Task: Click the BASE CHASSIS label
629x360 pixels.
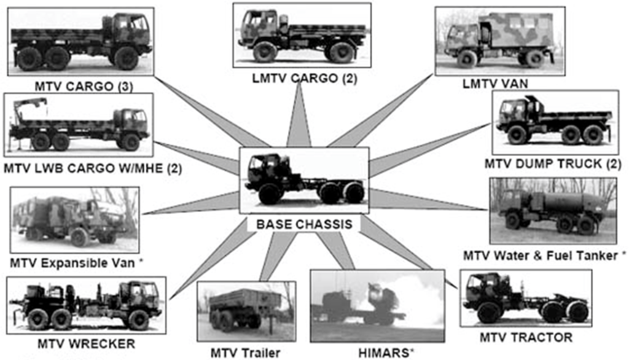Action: [x=304, y=224]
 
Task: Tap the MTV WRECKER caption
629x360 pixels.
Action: [x=86, y=344]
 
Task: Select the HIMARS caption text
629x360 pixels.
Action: [x=386, y=353]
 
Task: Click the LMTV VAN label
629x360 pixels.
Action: [x=495, y=84]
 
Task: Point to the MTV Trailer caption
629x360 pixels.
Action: [x=245, y=353]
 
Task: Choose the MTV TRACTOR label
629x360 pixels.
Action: [x=526, y=337]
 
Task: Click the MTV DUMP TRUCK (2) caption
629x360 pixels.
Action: [x=553, y=164]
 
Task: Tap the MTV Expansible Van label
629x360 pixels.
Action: [x=77, y=264]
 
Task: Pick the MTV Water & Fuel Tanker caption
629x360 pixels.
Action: [x=544, y=256]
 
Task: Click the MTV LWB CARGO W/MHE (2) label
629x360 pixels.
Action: [x=93, y=168]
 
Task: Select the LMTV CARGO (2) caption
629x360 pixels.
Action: [x=305, y=78]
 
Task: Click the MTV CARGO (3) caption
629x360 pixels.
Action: [x=84, y=86]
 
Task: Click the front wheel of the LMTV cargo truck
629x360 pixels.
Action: [x=265, y=52]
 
